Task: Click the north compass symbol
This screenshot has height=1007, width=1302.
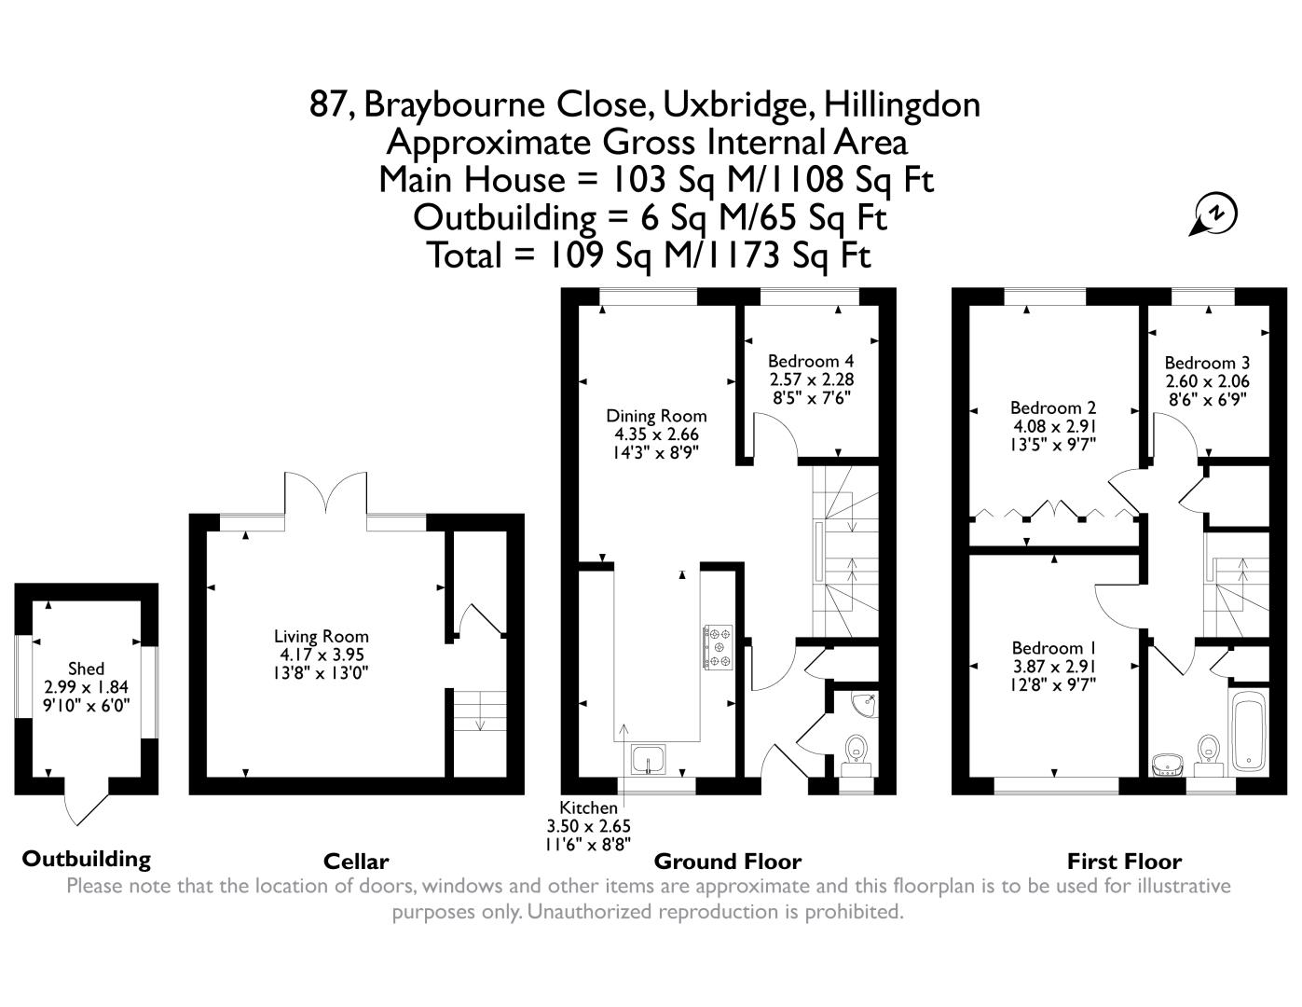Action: [x=1213, y=214]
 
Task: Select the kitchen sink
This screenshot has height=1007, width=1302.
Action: [x=649, y=759]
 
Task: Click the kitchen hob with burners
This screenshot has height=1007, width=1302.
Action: [x=718, y=647]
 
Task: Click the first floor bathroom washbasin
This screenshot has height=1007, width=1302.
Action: [x=1166, y=765]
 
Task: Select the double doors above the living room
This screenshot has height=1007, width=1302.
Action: [x=325, y=494]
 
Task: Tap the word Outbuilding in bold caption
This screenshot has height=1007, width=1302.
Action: [x=87, y=859]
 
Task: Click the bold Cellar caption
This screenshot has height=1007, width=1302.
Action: [x=356, y=862]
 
